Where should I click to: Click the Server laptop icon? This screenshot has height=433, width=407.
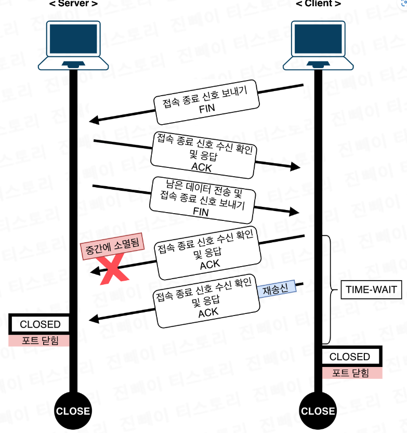pos(73,44)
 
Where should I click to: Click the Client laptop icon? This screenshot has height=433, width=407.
pos(318,44)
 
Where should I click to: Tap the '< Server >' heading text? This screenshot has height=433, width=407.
pos(73,4)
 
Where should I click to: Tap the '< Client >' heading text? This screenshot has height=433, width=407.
pos(318,4)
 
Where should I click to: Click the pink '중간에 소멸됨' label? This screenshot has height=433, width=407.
pos(111,248)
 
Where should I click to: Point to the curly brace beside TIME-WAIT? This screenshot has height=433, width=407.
pos(328,290)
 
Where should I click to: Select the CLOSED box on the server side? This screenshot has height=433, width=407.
pos(40,324)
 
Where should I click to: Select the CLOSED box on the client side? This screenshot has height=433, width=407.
pos(350,357)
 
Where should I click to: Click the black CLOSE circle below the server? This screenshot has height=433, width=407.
pos(73,411)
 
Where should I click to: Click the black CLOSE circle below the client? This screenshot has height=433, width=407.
pos(318,411)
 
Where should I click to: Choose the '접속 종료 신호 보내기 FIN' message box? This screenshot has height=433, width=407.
pos(207,103)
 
